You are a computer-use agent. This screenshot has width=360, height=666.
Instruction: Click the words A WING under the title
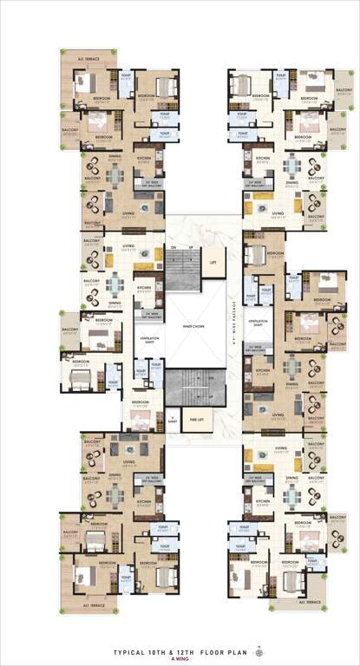pyautogui.click(x=180, y=657)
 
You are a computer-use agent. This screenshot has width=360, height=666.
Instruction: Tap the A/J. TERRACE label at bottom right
pyautogui.click(x=299, y=601)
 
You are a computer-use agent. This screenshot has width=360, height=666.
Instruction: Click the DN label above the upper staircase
pyautogui.click(x=173, y=249)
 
